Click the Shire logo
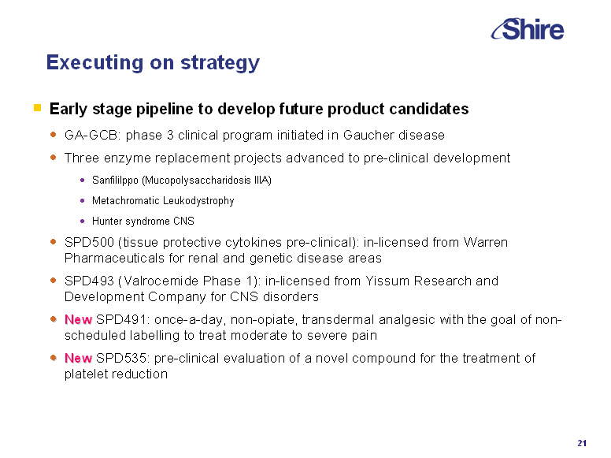pyautogui.click(x=528, y=29)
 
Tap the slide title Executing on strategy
pyautogui.click(x=153, y=62)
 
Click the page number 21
pyautogui.click(x=582, y=443)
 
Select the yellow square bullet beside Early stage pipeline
pyautogui.click(x=38, y=108)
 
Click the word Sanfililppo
pyautogui.click(x=115, y=181)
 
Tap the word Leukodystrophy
pyautogui.click(x=198, y=200)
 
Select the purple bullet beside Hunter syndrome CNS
pyautogui.click(x=82, y=222)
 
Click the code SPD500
pyautogui.click(x=89, y=242)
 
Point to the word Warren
pyautogui.click(x=486, y=242)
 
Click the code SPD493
pyautogui.click(x=89, y=281)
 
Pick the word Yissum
pyautogui.click(x=387, y=281)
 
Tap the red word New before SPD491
pyautogui.click(x=78, y=319)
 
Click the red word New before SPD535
pyautogui.click(x=78, y=358)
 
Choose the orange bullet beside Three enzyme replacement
pyautogui.click(x=54, y=158)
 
